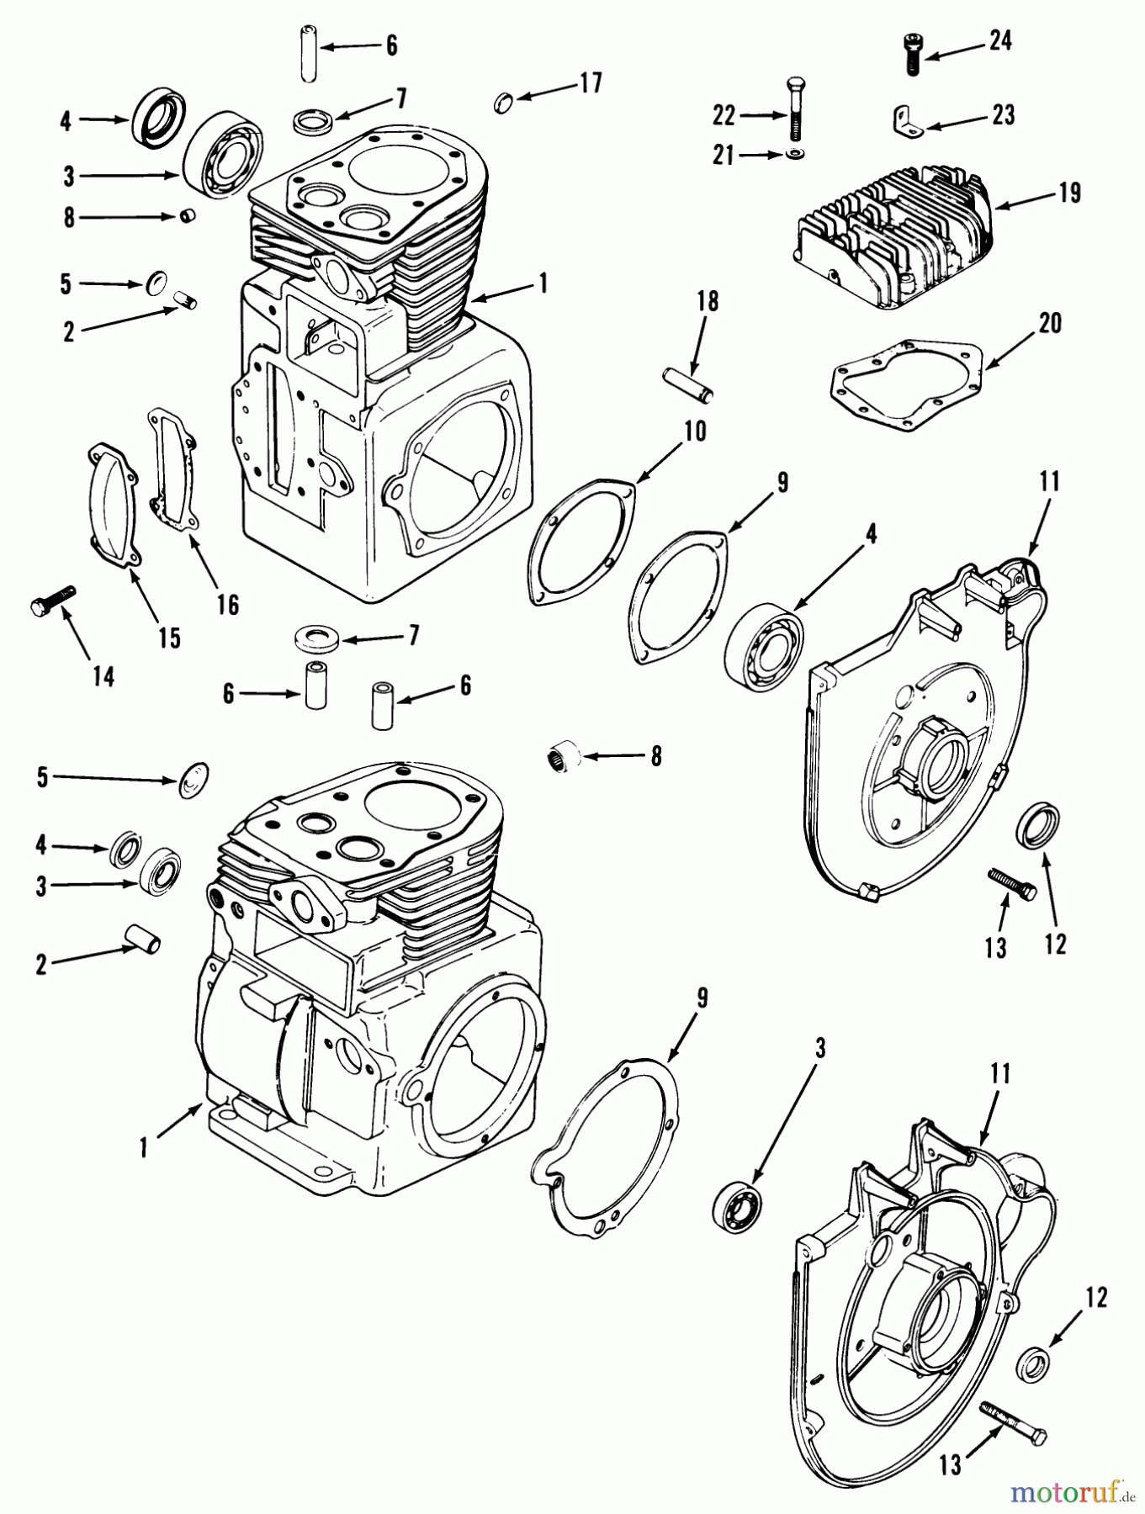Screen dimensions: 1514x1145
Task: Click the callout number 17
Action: click(591, 83)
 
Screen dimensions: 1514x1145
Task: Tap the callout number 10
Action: click(695, 431)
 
